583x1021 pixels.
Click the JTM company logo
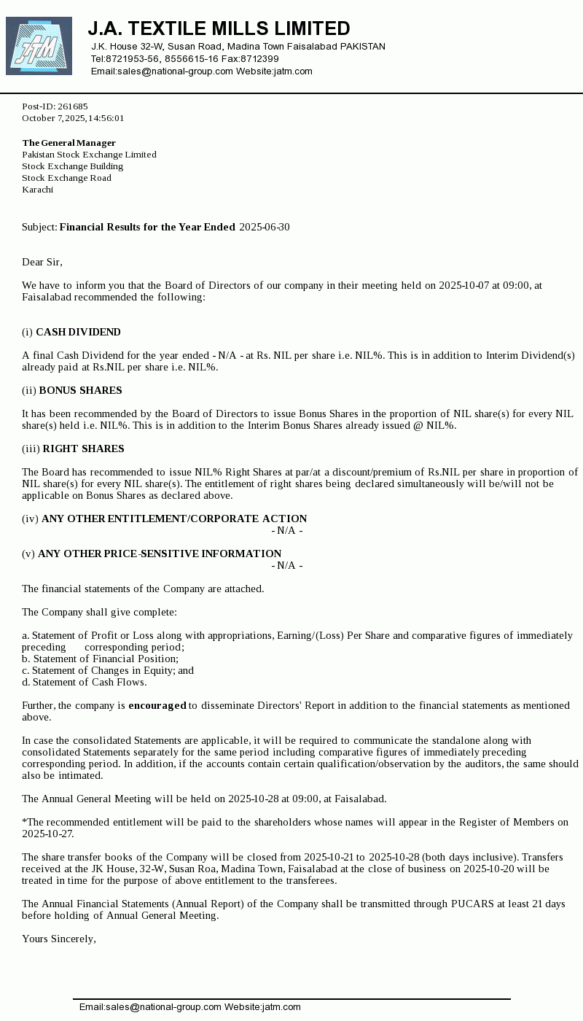(39, 46)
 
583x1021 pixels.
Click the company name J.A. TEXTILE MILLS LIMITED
(219, 28)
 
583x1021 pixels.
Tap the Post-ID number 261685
(73, 106)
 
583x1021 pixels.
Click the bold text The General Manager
(69, 143)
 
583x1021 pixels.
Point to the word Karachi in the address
(38, 190)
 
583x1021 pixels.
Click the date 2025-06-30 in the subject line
(264, 227)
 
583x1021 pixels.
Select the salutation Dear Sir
(42, 262)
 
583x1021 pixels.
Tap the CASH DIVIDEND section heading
(78, 332)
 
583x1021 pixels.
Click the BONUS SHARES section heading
(80, 390)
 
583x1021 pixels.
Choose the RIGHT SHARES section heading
(83, 449)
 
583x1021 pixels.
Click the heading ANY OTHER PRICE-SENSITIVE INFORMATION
(160, 554)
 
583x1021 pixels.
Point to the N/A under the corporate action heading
(287, 530)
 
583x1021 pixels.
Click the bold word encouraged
(157, 705)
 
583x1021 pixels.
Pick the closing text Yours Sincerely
(58, 939)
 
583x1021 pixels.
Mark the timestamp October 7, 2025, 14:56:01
(73, 118)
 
